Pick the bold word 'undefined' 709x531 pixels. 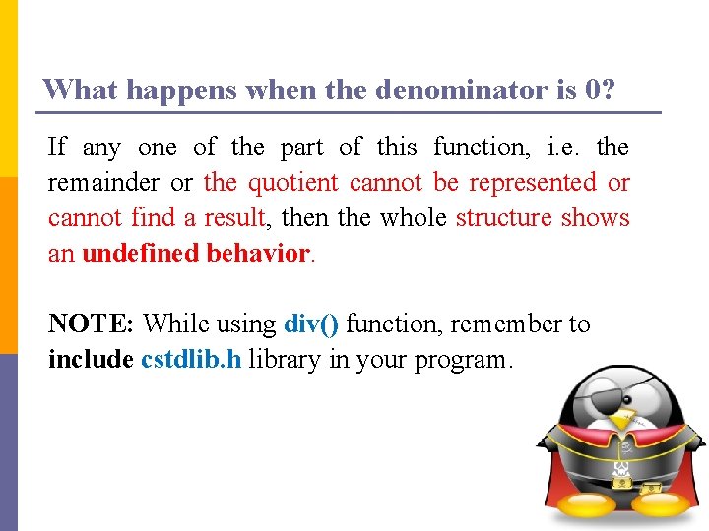tap(141, 253)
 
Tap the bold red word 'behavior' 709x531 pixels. tap(258, 253)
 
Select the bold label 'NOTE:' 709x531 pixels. tap(91, 324)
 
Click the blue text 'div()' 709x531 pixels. tap(310, 324)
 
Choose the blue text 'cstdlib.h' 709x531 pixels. tap(191, 359)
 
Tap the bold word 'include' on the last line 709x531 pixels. tap(90, 359)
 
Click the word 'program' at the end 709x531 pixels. tap(458, 360)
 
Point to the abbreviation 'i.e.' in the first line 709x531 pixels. tap(564, 147)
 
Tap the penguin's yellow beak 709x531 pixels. tap(620, 420)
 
